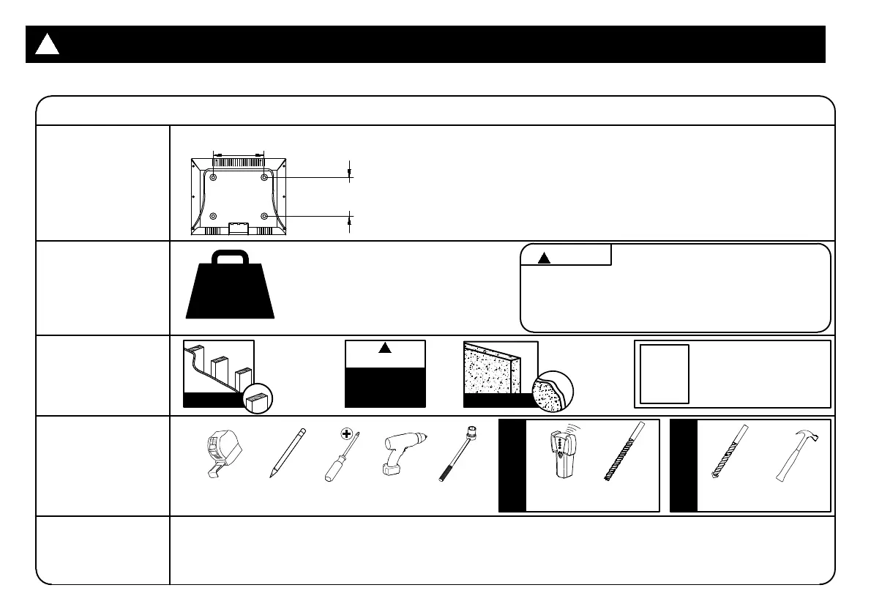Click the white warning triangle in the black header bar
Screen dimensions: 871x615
(x=47, y=45)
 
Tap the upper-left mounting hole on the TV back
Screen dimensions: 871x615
(x=213, y=177)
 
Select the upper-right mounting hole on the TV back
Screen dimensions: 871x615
(x=264, y=177)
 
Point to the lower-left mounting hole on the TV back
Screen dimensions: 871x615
(x=213, y=216)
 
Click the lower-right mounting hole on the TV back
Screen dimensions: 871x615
(x=264, y=216)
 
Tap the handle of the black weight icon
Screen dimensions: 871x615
(x=230, y=258)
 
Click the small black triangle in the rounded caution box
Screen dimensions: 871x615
(x=543, y=257)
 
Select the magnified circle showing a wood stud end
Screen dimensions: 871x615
(x=258, y=400)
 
